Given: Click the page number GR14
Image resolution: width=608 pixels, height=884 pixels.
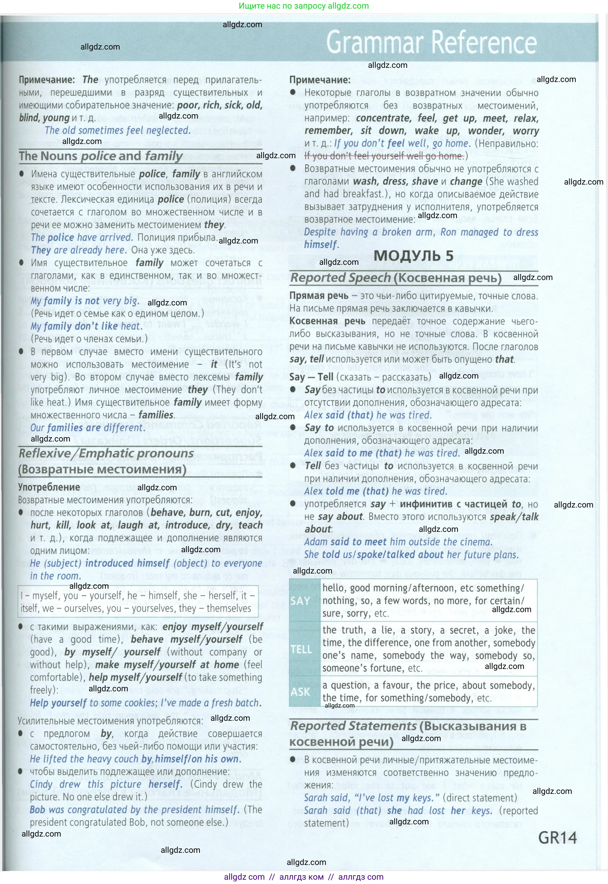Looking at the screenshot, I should (557, 838).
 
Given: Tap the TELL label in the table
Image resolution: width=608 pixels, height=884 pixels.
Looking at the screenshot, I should (301, 649).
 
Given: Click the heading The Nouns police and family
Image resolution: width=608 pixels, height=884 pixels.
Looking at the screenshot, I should (101, 156).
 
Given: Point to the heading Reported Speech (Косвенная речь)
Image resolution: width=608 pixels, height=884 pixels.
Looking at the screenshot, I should (395, 278).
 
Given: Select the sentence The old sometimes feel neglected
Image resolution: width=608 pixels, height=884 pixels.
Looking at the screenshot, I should (117, 130).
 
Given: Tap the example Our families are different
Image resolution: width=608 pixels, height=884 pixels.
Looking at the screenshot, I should (88, 428).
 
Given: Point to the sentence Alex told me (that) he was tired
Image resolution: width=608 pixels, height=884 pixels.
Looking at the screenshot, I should (375, 491).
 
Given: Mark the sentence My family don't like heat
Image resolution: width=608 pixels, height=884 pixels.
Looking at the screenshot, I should (86, 326).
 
